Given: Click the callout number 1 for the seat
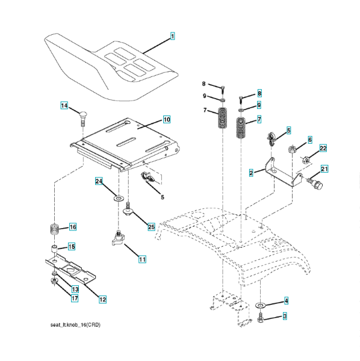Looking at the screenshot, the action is click(172, 36).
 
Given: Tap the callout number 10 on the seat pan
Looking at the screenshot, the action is click(167, 120).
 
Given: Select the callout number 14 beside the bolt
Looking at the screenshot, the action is click(64, 105).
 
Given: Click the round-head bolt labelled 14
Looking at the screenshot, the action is click(82, 118).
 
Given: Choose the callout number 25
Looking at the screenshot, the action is click(151, 227).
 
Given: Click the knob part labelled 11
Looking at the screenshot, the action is click(119, 239).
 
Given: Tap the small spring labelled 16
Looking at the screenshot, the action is click(54, 229).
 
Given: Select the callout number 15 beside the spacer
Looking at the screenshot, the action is click(72, 247).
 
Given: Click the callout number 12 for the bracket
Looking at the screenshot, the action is click(102, 300).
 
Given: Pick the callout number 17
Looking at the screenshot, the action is click(75, 298).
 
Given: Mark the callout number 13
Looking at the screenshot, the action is click(75, 289).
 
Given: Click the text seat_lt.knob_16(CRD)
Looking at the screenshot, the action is click(75, 325).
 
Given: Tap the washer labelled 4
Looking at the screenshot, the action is click(261, 305).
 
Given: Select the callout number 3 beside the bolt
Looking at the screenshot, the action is click(285, 316).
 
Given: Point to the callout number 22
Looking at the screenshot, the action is click(323, 148).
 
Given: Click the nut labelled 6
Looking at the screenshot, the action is click(292, 149).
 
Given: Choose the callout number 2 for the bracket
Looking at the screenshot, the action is click(251, 173).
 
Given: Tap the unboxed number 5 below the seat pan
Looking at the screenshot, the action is click(163, 197).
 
